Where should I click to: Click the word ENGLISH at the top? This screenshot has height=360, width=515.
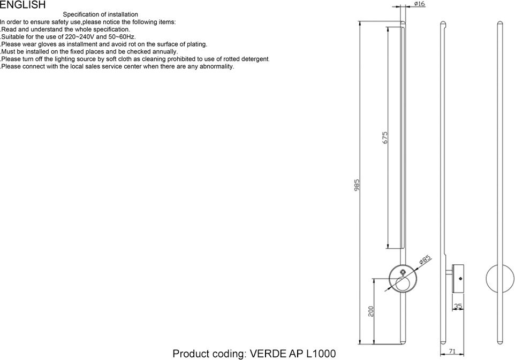[22, 5]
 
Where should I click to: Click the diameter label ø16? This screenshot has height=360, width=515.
[419, 4]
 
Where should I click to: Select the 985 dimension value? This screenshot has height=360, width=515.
[357, 185]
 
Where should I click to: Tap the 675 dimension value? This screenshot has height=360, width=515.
[385, 137]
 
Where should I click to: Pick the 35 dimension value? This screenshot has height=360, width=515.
[458, 307]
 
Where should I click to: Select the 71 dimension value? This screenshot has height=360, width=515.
[452, 351]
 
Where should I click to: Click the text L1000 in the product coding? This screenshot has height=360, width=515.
[321, 354]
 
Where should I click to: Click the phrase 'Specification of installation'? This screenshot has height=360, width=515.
[100, 14]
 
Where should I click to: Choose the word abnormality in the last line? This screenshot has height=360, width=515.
[216, 67]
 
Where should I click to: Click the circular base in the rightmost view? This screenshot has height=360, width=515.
[498, 279]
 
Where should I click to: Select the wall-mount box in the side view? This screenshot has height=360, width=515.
[458, 278]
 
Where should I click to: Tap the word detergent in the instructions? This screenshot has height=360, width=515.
[254, 59]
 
